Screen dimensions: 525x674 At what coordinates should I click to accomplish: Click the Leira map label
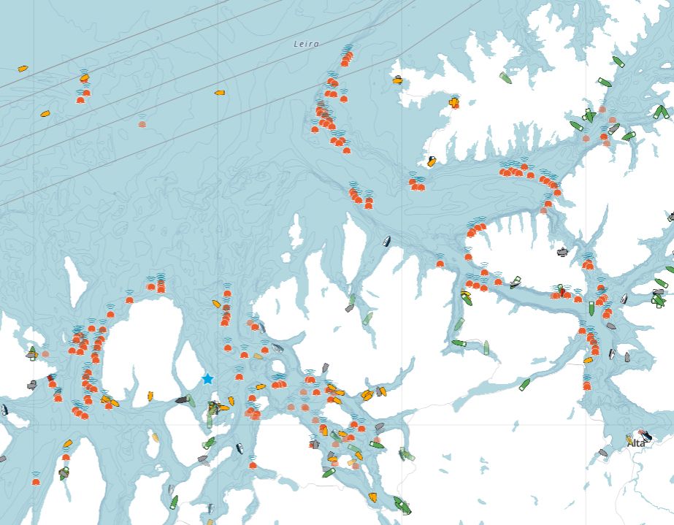(305, 44)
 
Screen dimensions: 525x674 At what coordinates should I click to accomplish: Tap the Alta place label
(638, 443)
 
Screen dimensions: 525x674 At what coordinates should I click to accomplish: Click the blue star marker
(207, 378)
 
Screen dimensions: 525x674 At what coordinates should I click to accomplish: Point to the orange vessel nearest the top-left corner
(23, 69)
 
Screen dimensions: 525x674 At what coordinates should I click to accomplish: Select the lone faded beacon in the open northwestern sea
(142, 124)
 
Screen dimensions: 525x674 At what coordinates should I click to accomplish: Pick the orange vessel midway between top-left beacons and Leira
(219, 93)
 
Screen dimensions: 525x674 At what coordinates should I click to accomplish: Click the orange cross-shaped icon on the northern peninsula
(454, 101)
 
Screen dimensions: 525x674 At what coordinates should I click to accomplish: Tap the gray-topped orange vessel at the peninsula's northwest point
(397, 80)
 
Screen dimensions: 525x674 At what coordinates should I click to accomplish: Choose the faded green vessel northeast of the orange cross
(505, 77)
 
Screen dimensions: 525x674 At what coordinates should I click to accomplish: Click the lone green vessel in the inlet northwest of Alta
(524, 384)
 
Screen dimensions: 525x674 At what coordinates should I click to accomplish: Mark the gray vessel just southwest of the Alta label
(603, 453)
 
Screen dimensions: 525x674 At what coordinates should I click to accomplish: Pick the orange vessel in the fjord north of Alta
(588, 360)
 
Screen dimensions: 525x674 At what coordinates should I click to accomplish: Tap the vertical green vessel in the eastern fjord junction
(591, 308)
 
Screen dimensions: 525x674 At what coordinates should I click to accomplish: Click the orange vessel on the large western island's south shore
(150, 396)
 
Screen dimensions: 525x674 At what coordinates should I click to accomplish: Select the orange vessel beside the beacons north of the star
(216, 303)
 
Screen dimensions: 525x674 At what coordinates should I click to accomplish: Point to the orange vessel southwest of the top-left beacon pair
(45, 114)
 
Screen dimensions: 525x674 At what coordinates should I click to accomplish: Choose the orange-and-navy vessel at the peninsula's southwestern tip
(432, 162)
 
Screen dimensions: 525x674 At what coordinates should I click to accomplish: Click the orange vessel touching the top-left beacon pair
(85, 77)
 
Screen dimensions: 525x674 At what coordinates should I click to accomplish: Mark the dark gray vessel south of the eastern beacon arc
(562, 252)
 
